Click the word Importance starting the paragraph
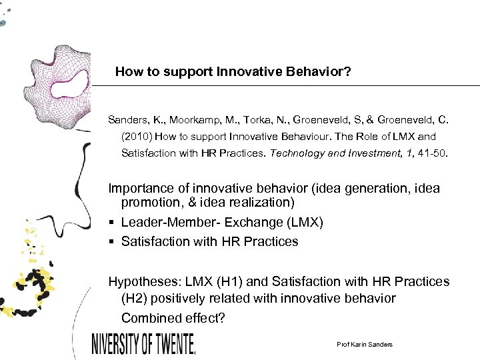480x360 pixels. [x=139, y=188]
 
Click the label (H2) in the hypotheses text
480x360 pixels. [x=137, y=298]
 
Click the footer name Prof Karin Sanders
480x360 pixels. [x=365, y=344]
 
